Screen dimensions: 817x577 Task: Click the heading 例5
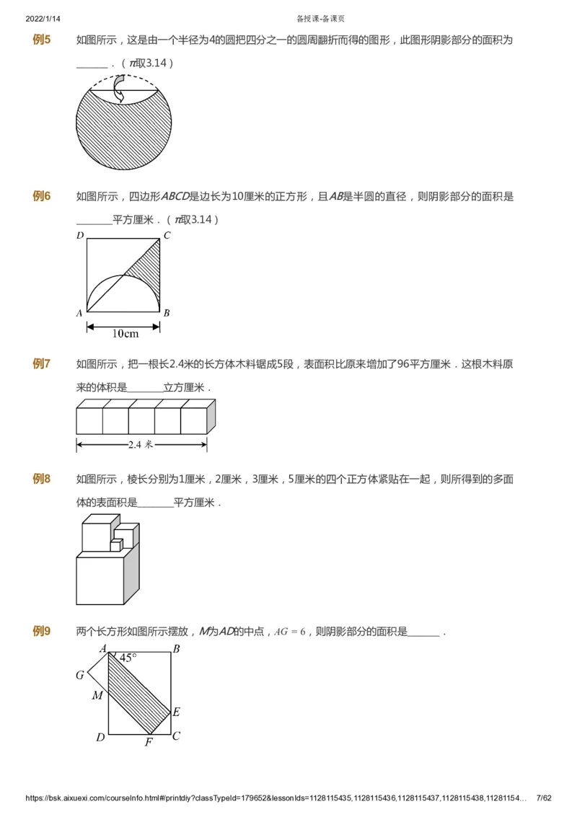tap(41, 40)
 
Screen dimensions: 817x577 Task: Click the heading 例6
tap(41, 196)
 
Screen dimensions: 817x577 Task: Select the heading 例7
tap(41, 363)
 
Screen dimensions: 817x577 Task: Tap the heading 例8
tap(41, 478)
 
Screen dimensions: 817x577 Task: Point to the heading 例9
tap(41, 632)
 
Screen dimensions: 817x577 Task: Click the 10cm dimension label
tap(125, 333)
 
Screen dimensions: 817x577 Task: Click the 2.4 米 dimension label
tap(141, 445)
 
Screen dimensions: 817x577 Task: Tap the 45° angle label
tap(128, 658)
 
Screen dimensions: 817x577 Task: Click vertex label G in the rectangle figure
tap(80, 676)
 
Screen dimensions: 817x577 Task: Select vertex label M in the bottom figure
tap(97, 695)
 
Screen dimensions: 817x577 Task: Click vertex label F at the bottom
tap(149, 742)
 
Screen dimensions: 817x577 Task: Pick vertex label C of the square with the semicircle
tap(167, 235)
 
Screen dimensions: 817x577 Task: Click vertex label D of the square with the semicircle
tap(80, 235)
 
